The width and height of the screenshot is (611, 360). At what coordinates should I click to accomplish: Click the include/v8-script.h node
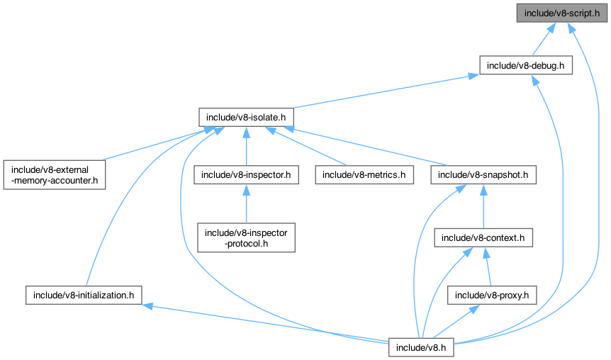point(562,13)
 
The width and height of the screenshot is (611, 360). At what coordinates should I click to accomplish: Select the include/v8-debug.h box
point(526,65)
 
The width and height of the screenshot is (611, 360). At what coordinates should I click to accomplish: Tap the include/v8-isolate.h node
point(245,116)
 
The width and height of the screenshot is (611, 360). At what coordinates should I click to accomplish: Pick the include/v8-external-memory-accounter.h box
point(55,174)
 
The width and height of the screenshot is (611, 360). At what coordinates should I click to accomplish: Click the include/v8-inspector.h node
point(246,174)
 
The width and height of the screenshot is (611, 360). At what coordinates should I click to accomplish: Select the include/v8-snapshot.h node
point(483,174)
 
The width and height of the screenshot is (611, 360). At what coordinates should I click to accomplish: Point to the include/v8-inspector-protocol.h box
point(246,237)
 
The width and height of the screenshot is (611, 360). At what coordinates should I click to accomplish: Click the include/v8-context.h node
point(483,237)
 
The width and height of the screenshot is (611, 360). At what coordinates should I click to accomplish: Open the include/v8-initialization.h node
point(84,295)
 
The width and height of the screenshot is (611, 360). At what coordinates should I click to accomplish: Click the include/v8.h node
point(421,347)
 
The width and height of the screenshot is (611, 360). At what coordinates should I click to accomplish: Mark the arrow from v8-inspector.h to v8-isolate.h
point(246,145)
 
